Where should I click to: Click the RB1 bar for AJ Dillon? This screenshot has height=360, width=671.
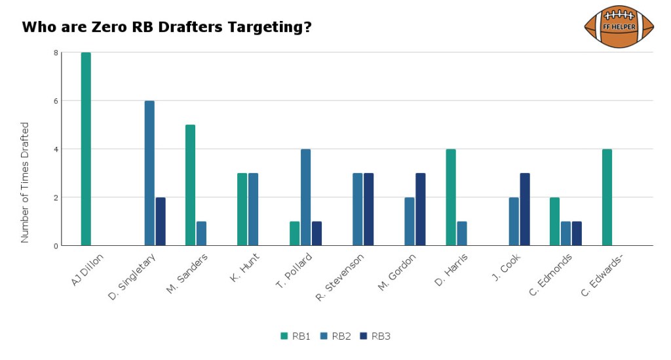(x=86, y=149)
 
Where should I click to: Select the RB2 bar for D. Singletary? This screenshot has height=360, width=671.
(x=149, y=173)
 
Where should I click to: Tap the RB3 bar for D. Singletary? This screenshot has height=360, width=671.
(x=161, y=222)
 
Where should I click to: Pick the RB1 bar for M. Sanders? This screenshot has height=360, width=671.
(x=190, y=185)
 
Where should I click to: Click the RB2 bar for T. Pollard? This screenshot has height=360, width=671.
(x=305, y=197)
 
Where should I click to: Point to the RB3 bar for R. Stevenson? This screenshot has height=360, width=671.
(x=369, y=209)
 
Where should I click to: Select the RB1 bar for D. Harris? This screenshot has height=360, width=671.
(x=451, y=197)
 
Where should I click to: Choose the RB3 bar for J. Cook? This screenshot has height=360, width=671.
(x=525, y=209)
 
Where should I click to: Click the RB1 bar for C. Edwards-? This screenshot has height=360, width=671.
(x=607, y=197)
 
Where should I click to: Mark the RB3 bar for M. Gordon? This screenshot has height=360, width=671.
(x=421, y=209)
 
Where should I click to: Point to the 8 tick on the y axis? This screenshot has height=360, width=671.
(x=56, y=52)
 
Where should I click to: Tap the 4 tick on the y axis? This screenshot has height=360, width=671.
(x=56, y=149)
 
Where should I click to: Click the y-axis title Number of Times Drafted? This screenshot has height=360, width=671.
(x=25, y=182)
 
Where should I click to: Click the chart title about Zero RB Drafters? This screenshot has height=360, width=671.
(x=166, y=28)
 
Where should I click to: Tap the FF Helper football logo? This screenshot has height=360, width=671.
(x=619, y=27)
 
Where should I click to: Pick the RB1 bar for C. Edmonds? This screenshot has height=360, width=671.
(x=555, y=222)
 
